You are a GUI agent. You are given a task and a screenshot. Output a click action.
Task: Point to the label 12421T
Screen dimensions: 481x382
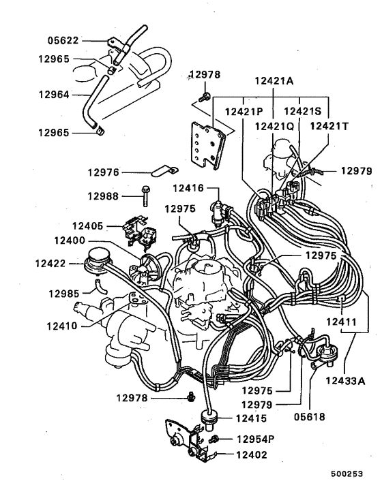coord(329,126)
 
